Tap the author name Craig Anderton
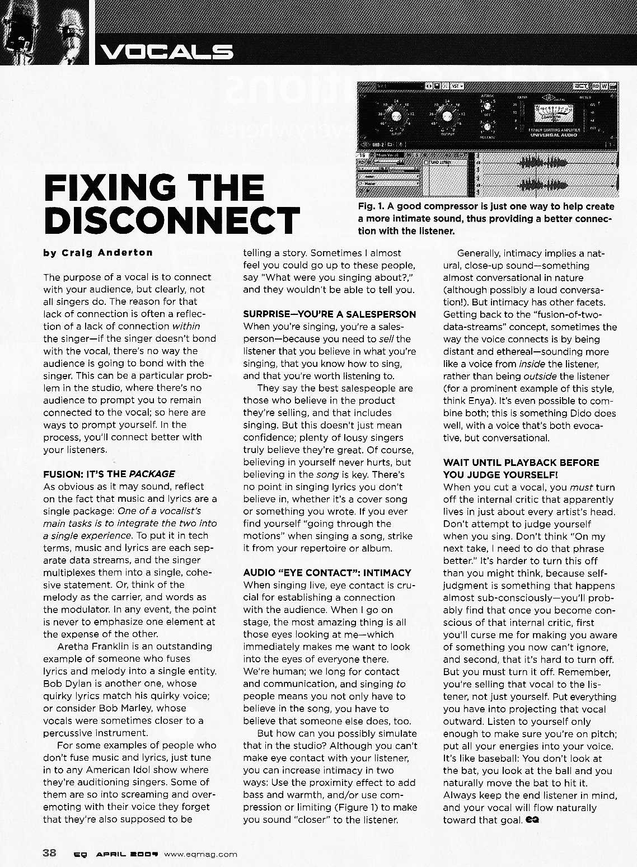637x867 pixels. coord(98,252)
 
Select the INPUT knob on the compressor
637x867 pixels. coord(399,116)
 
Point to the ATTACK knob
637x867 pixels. coord(488,106)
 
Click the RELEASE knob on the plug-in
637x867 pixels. coord(488,128)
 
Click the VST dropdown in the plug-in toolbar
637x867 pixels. coord(458,86)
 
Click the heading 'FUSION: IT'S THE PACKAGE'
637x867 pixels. coord(109,474)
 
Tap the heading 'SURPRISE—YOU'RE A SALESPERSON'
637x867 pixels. coord(329,314)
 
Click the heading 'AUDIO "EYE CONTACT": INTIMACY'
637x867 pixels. coord(327,573)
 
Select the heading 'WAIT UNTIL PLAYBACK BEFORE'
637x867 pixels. coord(521,463)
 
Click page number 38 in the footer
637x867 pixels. coord(49,853)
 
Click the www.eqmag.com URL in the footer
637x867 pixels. coord(201,854)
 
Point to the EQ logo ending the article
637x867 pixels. coord(533,819)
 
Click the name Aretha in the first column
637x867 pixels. coord(73,646)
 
